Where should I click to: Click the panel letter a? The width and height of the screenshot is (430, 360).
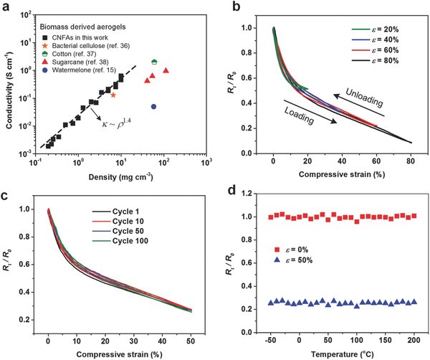pyautogui.click(x=6, y=8)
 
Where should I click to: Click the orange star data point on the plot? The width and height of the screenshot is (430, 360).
pyautogui.click(x=113, y=95)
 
